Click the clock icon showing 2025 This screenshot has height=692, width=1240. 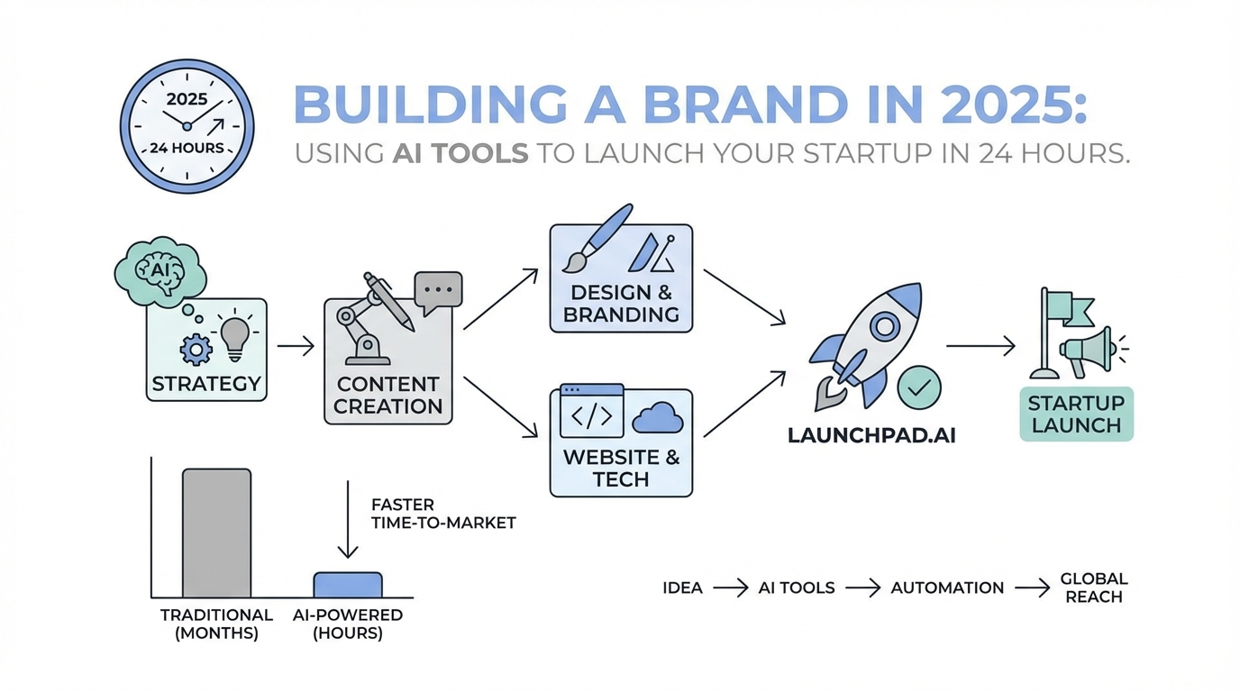coord(187,125)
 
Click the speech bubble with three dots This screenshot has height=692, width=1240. coord(438,292)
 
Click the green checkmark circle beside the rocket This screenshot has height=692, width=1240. coord(919,388)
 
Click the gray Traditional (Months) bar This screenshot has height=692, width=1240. coord(216,533)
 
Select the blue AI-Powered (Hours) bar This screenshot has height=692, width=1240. coord(348,585)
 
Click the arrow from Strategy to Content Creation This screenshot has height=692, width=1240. coord(296,345)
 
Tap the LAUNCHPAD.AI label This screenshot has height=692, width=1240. coord(871,435)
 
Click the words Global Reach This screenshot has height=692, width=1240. coord(1094,587)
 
